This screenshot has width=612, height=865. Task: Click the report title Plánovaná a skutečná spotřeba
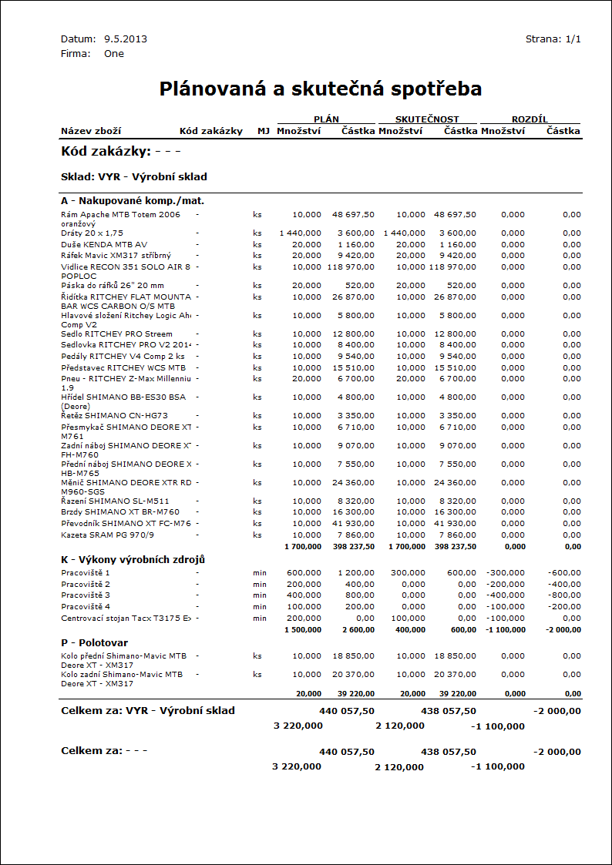(x=321, y=89)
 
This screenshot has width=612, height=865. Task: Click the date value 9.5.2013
(x=126, y=39)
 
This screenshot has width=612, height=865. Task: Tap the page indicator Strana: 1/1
(x=553, y=39)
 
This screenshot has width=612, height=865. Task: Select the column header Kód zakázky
(x=211, y=131)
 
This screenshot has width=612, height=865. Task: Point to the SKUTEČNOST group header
(x=427, y=119)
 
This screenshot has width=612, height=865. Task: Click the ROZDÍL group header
(x=530, y=119)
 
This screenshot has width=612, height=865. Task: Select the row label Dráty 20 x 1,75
(x=92, y=233)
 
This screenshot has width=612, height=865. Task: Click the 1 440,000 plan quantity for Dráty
(x=300, y=233)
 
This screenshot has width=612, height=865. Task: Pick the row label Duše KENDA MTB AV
(x=104, y=244)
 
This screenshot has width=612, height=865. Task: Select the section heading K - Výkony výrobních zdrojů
(x=133, y=559)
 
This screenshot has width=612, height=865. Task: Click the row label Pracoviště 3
(x=86, y=595)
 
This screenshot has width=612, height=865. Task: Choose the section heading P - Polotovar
(x=94, y=642)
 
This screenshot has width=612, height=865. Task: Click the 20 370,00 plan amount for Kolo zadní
(x=353, y=675)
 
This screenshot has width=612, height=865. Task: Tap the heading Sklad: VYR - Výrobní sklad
(x=133, y=176)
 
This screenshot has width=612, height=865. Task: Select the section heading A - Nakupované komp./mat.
(x=132, y=200)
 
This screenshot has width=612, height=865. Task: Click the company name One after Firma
(x=114, y=54)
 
